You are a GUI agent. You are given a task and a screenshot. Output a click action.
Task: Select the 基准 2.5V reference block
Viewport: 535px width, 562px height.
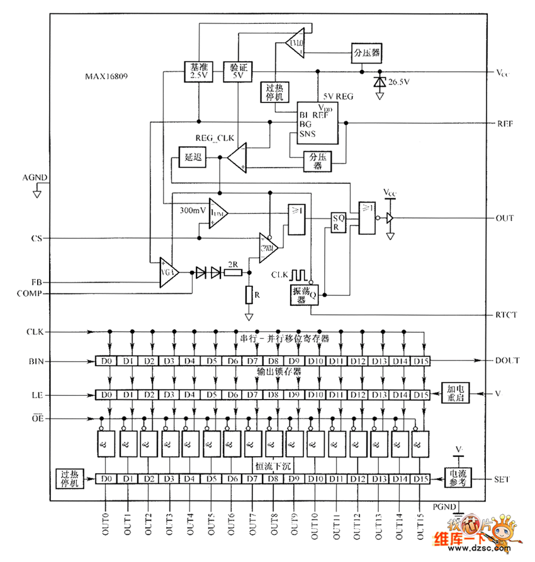198,70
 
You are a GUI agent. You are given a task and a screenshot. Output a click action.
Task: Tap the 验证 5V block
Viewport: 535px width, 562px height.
239,70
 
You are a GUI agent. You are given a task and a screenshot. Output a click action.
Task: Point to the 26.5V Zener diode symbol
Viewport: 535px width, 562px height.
379,82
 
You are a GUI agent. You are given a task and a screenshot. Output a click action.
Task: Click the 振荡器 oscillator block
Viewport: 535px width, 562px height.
302,295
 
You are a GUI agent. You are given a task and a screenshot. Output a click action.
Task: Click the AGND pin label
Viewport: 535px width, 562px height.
35,179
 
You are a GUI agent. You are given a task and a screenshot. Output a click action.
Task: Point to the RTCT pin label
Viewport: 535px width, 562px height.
507,314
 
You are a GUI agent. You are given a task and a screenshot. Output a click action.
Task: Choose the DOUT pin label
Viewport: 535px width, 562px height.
507,361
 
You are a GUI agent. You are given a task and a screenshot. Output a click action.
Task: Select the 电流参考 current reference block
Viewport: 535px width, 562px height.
458,478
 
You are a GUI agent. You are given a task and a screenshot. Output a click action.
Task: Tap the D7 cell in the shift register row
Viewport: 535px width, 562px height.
252,361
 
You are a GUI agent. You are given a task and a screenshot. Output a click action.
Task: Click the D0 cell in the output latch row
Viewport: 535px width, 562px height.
105,395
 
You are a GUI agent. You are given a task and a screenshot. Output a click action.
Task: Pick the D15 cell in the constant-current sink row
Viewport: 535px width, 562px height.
420,480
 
